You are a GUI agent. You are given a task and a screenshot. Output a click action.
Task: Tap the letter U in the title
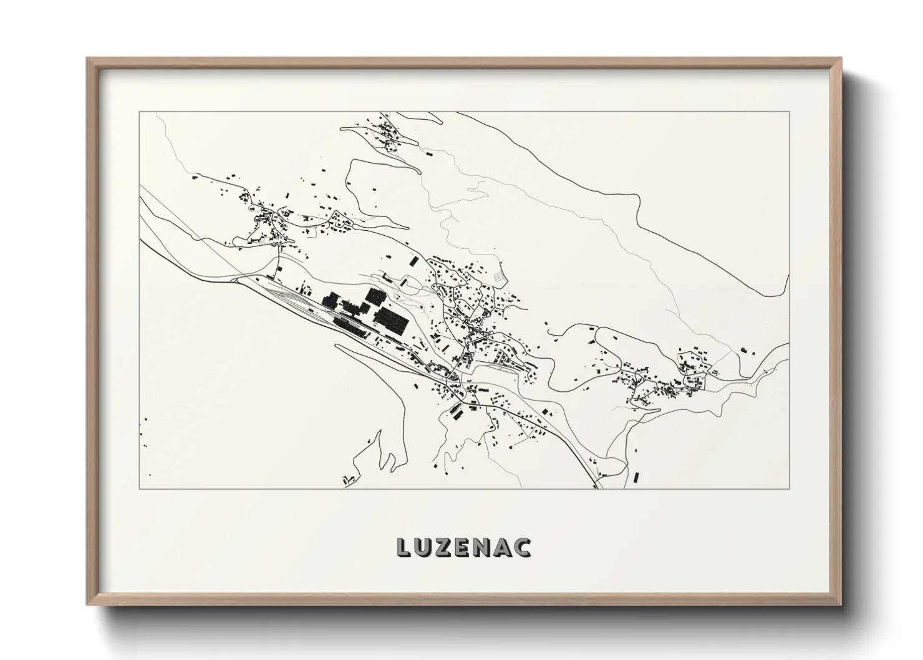[x=423, y=546]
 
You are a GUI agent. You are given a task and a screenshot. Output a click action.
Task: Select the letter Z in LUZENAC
[x=444, y=546]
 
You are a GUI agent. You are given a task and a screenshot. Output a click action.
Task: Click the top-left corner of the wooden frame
[x=88, y=59]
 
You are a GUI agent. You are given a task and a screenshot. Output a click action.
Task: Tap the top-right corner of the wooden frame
[x=840, y=59]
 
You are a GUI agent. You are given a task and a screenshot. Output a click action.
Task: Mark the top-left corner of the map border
[x=138, y=112]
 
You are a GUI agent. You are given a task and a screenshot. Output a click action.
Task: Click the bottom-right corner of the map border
[x=790, y=488]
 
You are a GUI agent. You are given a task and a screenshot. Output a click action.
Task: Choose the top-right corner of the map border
[x=790, y=112]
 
